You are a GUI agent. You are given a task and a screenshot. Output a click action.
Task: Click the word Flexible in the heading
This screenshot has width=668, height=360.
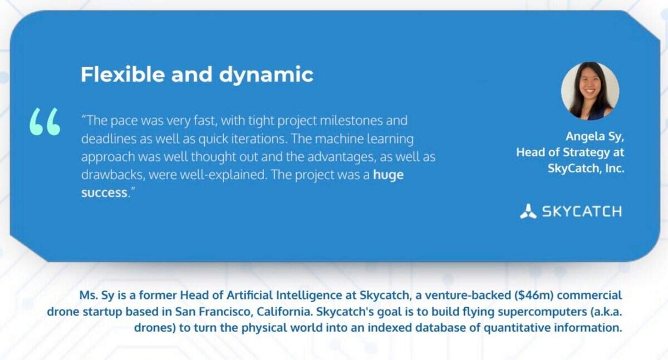click(122, 74)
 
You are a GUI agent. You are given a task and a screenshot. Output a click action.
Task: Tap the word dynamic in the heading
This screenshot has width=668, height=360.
click(266, 75)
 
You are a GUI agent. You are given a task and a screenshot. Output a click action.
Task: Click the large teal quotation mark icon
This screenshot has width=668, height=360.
click(45, 122)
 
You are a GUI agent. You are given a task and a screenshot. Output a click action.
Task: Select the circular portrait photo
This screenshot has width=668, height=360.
click(590, 91)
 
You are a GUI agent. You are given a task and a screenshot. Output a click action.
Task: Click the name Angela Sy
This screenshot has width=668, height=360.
click(595, 136)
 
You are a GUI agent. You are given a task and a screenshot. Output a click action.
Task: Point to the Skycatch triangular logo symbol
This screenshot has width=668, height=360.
click(528, 211)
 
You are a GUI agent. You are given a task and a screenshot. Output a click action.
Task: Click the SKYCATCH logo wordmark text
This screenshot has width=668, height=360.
click(582, 211)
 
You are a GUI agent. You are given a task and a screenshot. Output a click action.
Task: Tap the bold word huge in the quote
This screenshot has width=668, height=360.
click(389, 175)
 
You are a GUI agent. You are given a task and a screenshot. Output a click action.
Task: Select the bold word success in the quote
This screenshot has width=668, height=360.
click(105, 193)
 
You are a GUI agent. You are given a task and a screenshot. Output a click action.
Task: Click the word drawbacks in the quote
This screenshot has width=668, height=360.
click(114, 175)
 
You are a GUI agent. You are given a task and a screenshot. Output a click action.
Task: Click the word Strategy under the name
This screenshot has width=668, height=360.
click(586, 153)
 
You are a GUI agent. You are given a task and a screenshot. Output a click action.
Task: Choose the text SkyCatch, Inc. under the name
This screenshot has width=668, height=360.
click(586, 169)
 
